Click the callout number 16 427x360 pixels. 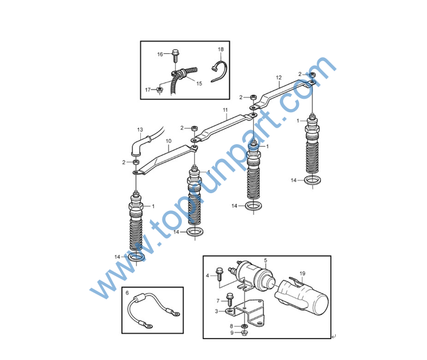[160, 54]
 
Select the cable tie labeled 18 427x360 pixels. [219, 71]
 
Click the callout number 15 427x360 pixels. [199, 83]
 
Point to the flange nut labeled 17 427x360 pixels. [159, 90]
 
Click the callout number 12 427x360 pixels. [279, 78]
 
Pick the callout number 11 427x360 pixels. [225, 110]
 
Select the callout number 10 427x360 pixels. [168, 141]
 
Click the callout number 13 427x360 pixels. [140, 129]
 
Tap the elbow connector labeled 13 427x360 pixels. [138, 146]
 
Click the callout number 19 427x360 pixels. [302, 274]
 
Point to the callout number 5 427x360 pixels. [266, 260]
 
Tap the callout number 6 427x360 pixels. [127, 293]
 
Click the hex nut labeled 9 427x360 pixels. [244, 333]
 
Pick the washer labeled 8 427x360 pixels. [244, 326]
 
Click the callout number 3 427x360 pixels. [216, 311]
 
